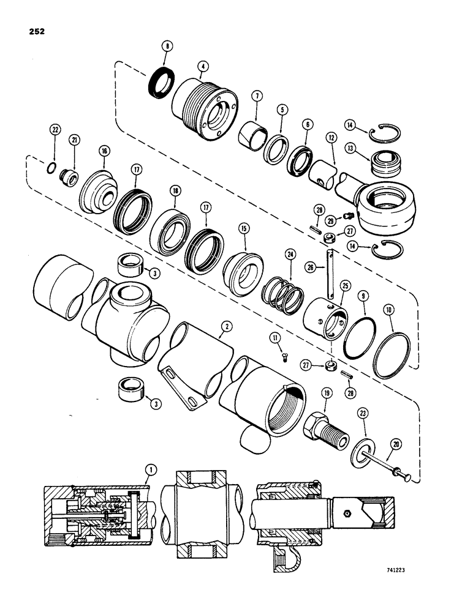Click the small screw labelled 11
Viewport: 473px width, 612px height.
285,358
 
